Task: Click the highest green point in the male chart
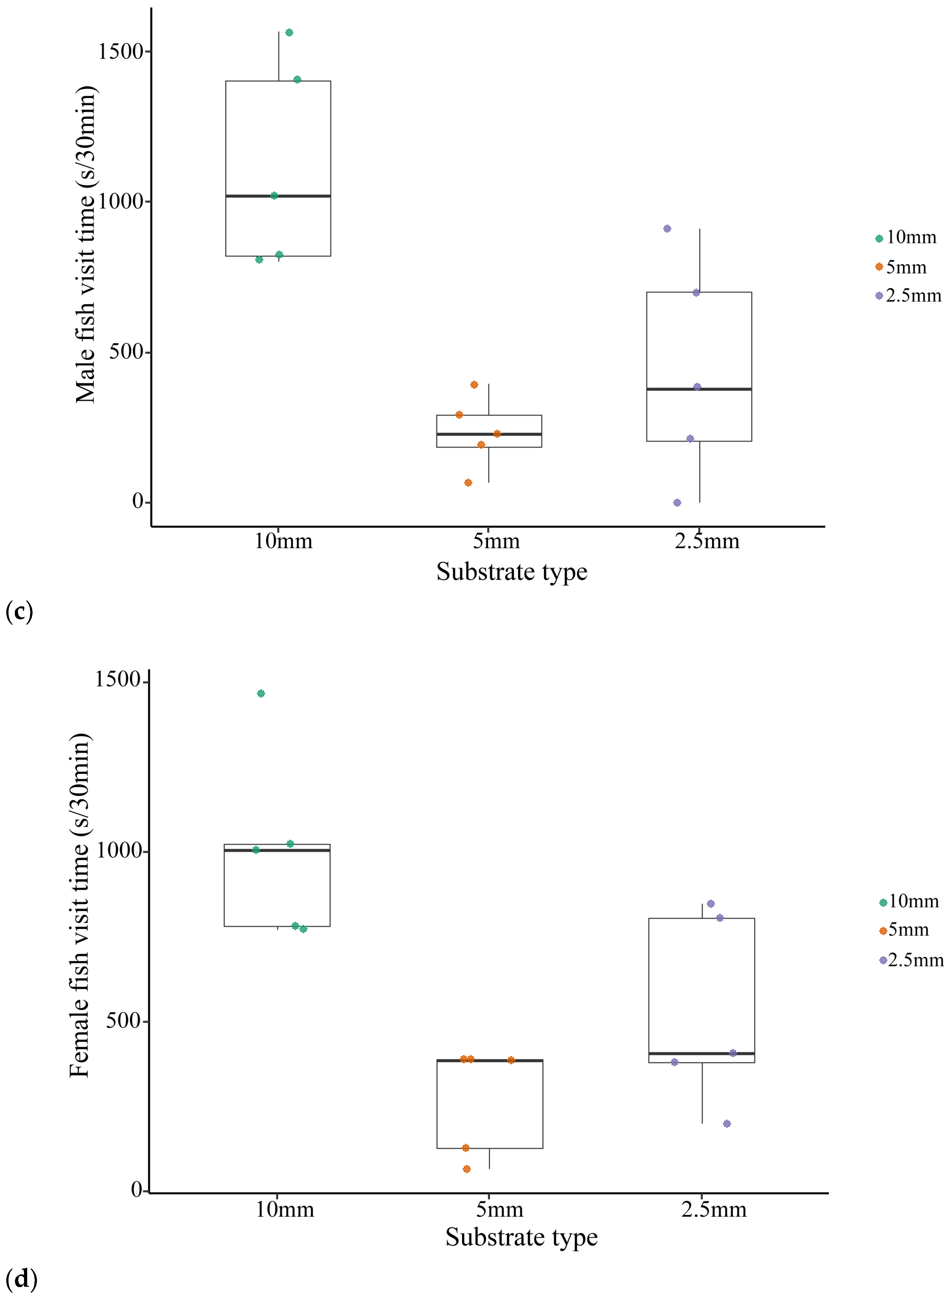(289, 32)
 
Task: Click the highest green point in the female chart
(261, 693)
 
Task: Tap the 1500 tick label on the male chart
(120, 51)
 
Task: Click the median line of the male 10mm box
(278, 196)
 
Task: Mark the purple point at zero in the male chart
(677, 503)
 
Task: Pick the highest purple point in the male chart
(667, 229)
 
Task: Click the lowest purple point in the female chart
(727, 1124)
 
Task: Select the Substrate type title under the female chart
(522, 1237)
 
